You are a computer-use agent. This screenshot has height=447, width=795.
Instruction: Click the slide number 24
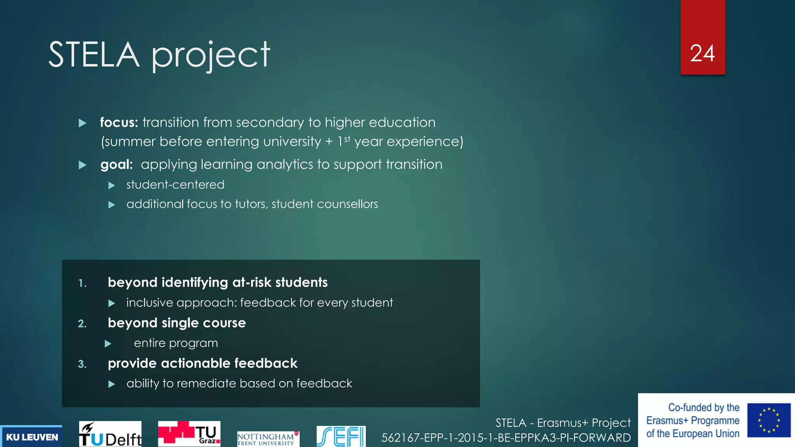pos(702,53)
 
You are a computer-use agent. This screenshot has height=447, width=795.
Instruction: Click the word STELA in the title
pos(94,55)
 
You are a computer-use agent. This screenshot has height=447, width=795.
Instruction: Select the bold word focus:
pos(119,123)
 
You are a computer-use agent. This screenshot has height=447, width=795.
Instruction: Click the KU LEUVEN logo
pos(32,437)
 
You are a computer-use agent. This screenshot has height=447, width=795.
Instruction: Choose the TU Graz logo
pos(189,434)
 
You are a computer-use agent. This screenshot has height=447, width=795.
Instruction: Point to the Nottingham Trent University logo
pos(267,439)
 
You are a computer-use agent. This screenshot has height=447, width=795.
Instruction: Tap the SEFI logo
pos(341,437)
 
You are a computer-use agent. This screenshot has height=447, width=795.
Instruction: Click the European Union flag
pos(769,420)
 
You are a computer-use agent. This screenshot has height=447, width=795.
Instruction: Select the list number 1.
pos(82,284)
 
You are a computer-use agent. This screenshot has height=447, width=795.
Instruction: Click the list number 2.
pos(82,324)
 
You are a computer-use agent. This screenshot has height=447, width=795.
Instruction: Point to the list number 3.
pos(82,364)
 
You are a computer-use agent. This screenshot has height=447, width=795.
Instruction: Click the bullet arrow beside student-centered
pos(112,185)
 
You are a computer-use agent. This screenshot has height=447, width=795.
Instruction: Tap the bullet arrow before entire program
pos(108,344)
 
